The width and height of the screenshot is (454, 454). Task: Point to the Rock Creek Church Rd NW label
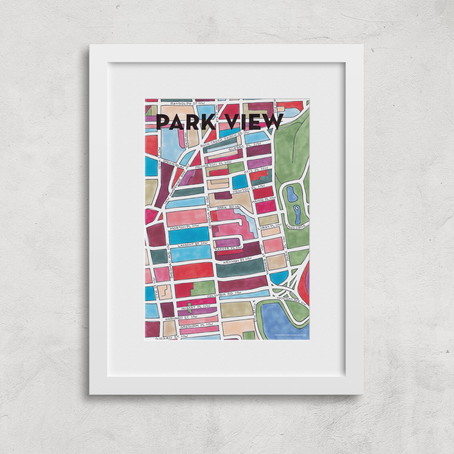click(225, 139)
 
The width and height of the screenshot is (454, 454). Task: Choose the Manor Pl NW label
click(263, 200)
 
